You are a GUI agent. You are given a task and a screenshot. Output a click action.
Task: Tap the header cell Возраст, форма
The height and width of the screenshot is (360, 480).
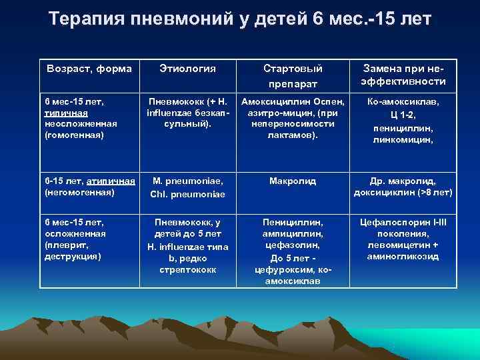pyautogui.click(x=89, y=68)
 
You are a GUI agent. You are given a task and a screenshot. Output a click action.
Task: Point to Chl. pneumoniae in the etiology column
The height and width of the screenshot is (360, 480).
pyautogui.click(x=189, y=193)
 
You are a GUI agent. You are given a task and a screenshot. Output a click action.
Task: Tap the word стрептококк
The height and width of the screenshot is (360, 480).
pyautogui.click(x=189, y=269)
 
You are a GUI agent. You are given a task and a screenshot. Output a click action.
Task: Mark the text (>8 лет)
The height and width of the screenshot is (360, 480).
pyautogui.click(x=435, y=193)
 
